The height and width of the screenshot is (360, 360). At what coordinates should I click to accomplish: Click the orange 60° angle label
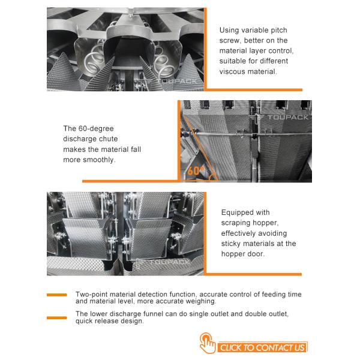[x=195, y=170]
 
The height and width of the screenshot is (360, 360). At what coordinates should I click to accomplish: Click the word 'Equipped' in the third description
[x=238, y=212]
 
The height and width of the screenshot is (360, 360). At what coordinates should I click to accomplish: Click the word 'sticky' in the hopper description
[x=232, y=244]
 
